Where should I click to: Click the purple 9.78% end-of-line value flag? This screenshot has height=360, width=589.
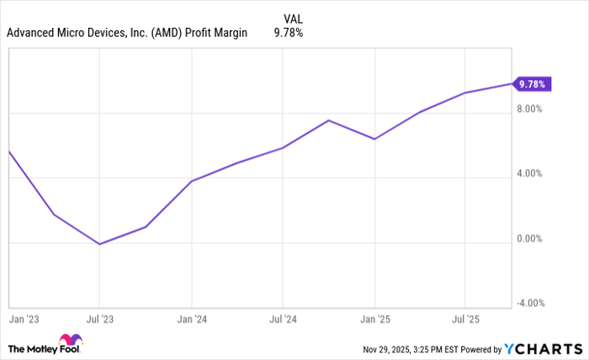click(533, 84)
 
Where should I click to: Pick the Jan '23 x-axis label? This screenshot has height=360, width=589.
click(21, 320)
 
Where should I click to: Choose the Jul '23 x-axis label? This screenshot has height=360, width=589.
click(99, 320)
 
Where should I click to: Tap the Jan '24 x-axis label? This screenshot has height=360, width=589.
click(191, 320)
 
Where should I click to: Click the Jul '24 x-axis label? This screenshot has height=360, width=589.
click(283, 320)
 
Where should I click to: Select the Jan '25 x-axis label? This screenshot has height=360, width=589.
click(374, 320)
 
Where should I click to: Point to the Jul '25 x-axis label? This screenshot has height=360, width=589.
click(464, 320)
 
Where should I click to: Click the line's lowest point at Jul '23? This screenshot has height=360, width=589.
click(99, 244)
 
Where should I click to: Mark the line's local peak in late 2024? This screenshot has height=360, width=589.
click(329, 120)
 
